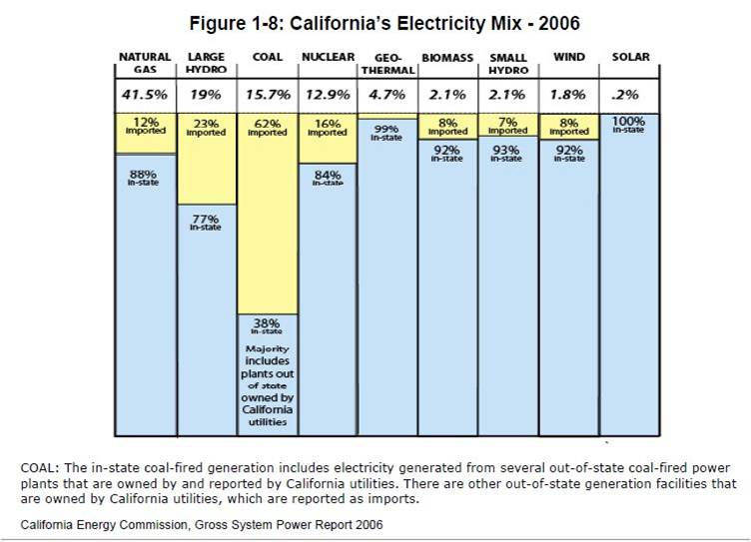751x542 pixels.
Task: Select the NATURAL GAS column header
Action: click(x=145, y=64)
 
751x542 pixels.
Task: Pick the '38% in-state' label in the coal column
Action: click(x=267, y=325)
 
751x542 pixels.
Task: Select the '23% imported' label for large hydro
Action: click(x=206, y=128)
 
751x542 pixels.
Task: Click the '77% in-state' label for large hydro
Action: click(x=206, y=223)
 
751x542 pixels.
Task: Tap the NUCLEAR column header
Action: click(x=328, y=58)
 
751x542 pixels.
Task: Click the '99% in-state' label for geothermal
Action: click(x=386, y=133)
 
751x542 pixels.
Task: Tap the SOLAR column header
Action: click(x=630, y=58)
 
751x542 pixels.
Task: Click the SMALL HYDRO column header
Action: click(x=508, y=64)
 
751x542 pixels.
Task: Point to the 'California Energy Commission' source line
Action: click(x=200, y=524)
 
